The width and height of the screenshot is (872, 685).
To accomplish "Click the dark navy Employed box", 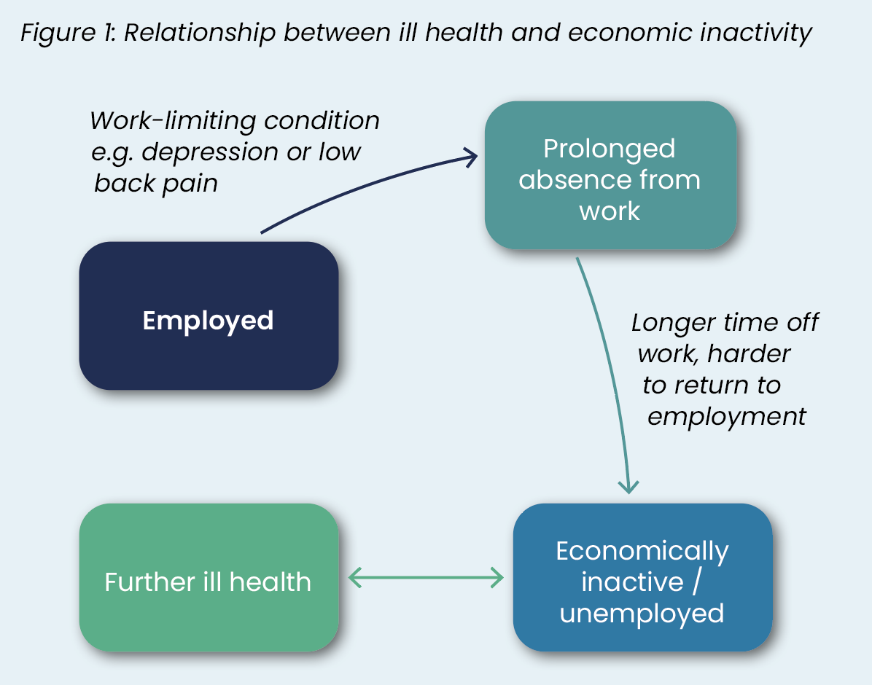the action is (209, 316).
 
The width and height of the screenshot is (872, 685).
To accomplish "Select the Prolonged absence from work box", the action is (611, 175).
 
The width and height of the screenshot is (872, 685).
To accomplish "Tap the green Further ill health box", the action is (209, 578).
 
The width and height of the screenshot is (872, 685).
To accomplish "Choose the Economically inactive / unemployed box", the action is (643, 578).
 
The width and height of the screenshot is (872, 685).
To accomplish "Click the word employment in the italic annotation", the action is (726, 417).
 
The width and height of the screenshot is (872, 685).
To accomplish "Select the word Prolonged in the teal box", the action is (610, 149).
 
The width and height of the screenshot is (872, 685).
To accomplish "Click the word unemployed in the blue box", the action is (642, 614).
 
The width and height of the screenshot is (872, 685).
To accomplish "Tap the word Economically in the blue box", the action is (642, 552).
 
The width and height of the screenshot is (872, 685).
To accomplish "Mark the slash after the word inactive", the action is (696, 582).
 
